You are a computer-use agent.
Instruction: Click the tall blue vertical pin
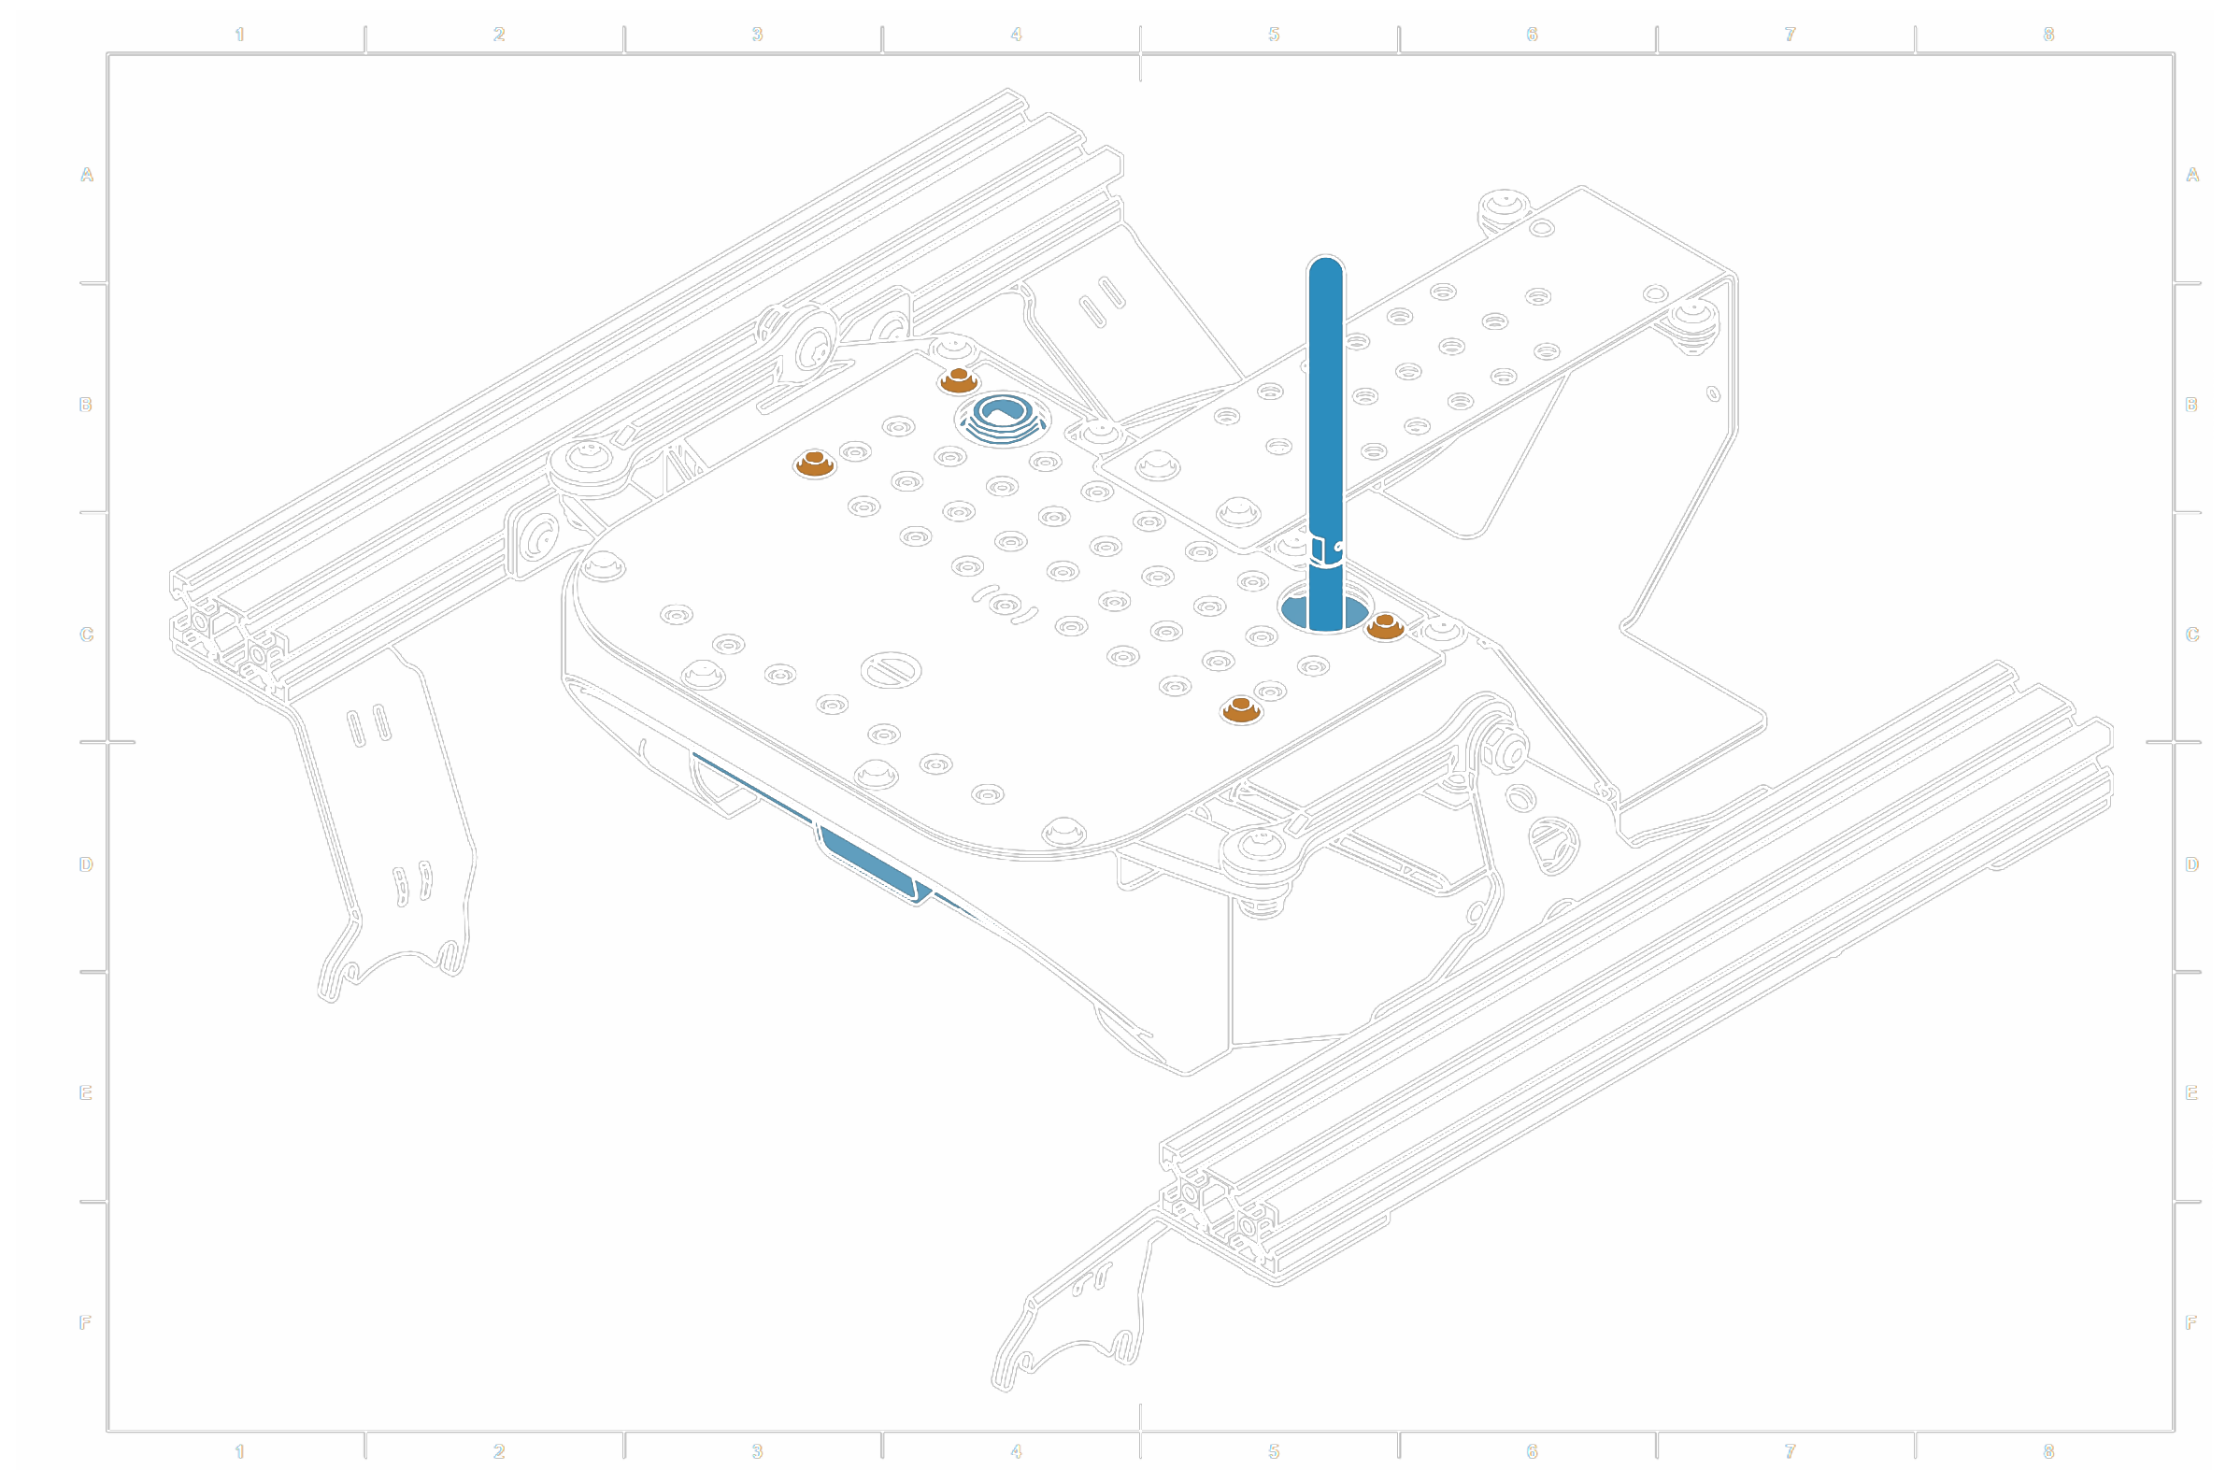(x=1325, y=426)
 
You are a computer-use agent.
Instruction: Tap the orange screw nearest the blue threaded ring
(x=958, y=380)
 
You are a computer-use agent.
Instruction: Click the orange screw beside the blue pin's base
(x=1385, y=625)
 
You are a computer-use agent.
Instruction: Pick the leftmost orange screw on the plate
(x=814, y=464)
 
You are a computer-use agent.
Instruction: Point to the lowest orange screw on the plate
(x=1241, y=709)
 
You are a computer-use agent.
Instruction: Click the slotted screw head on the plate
(x=891, y=670)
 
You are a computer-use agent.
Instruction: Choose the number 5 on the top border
(x=1274, y=35)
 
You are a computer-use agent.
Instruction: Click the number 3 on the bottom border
(x=757, y=1451)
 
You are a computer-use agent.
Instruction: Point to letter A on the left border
(x=87, y=175)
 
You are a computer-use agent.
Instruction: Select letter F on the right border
(x=2191, y=1322)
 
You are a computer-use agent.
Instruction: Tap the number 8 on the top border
(x=2049, y=35)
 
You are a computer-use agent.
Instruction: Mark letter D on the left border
(x=86, y=864)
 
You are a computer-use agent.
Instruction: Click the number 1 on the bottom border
(x=239, y=1451)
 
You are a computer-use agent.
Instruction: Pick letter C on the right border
(x=2192, y=635)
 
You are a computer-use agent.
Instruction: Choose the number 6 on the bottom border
(x=1533, y=1451)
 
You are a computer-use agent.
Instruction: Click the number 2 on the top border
(x=499, y=35)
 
